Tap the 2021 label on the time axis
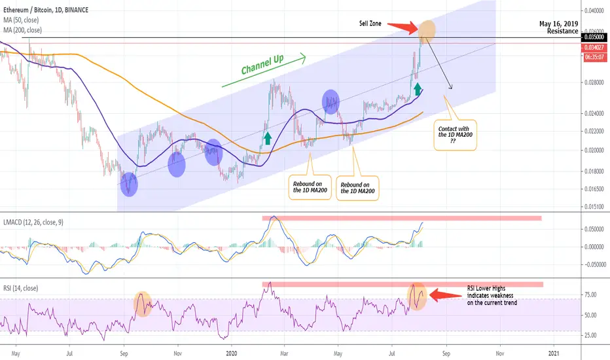[554, 351]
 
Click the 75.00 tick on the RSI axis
[591, 295]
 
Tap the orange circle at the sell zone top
[426, 29]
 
